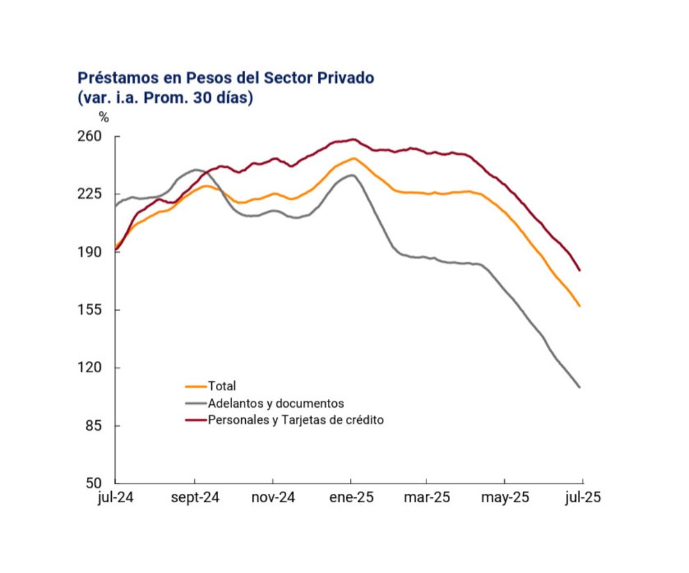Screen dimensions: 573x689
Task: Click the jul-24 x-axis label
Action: [115, 498]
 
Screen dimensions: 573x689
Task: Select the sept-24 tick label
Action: [194, 498]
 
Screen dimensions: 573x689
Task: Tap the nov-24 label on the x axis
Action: [273, 498]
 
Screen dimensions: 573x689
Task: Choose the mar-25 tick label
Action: [426, 498]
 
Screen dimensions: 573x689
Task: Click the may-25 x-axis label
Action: [504, 498]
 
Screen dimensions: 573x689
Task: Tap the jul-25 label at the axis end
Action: [582, 498]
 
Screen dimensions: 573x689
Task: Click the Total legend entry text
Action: [222, 386]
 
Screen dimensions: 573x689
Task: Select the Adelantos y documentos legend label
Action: [276, 403]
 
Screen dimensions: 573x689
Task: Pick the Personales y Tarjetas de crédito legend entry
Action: [296, 420]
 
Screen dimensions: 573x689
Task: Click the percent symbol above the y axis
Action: [103, 117]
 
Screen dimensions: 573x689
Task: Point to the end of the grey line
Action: [579, 387]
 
